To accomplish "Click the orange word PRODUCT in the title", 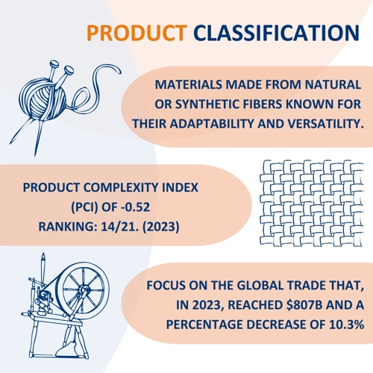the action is point(137,33).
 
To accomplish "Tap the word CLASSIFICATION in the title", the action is point(277,33).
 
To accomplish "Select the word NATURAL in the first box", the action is point(333,84).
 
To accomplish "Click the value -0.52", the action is point(136,207).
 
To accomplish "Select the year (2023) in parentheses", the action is point(161,227).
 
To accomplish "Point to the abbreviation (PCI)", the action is point(85,207).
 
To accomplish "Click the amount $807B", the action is point(304,305).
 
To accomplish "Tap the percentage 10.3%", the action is point(347,325).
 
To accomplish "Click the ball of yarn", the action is point(43,99).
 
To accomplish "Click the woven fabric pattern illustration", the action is point(312,203).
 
